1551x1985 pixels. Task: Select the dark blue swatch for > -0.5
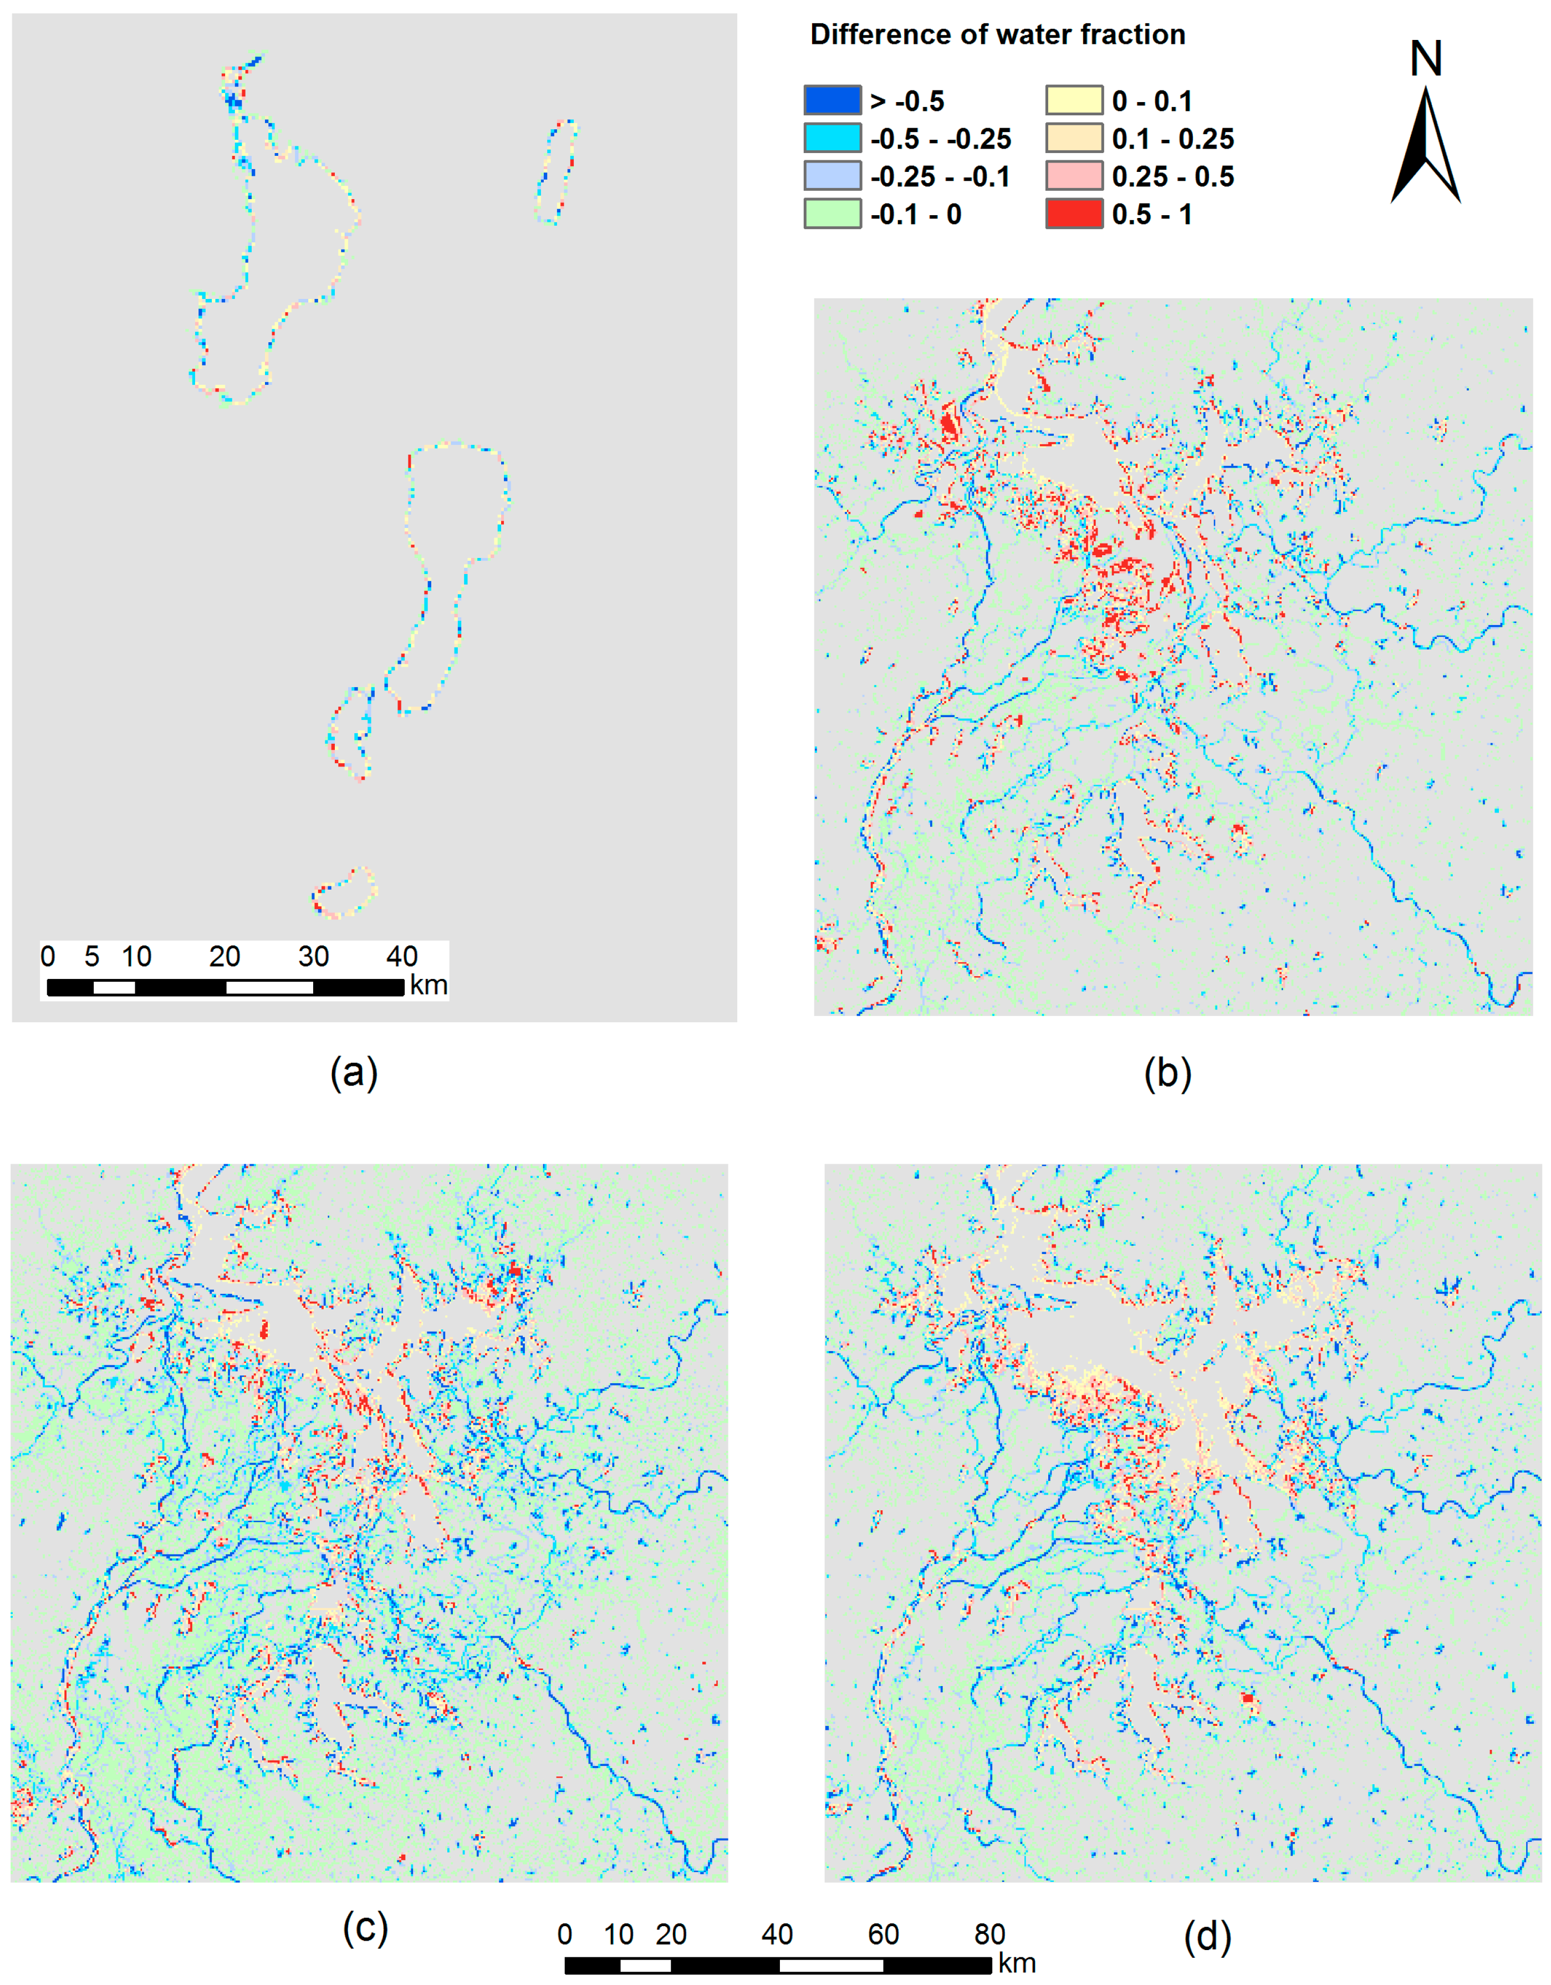(831, 100)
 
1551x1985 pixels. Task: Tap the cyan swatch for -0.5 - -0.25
(831, 138)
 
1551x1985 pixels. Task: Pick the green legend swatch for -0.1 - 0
(831, 214)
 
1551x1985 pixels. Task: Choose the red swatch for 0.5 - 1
(1074, 214)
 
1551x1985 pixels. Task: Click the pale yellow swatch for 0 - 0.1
(1074, 100)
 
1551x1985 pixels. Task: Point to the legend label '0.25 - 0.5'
(1172, 176)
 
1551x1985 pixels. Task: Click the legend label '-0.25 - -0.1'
(940, 176)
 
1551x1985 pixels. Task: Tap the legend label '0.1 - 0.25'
(1172, 138)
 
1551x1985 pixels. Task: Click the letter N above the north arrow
(1426, 59)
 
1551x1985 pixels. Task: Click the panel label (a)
(354, 1073)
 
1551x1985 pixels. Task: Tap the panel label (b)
(1167, 1073)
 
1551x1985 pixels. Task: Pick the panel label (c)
(365, 1927)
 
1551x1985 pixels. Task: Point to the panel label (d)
(1207, 1937)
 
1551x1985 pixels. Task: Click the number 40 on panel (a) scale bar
(401, 956)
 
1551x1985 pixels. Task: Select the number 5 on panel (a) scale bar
(92, 956)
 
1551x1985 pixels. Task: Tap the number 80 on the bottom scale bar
(989, 1934)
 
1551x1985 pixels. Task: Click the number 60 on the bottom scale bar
(883, 1934)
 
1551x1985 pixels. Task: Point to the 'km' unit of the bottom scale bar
(1017, 1963)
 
